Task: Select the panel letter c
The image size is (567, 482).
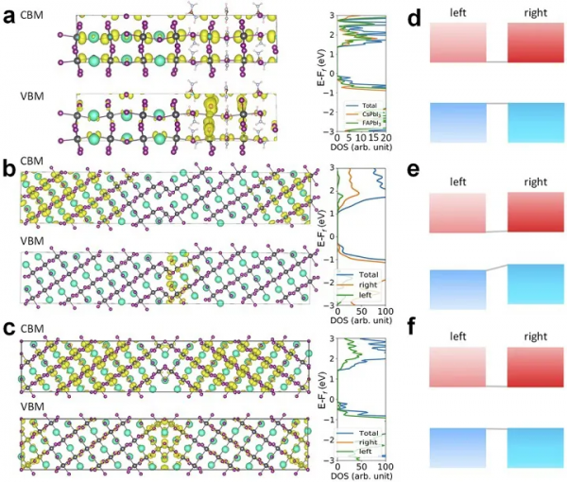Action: [9, 328]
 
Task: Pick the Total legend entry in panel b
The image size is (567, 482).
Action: [365, 273]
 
